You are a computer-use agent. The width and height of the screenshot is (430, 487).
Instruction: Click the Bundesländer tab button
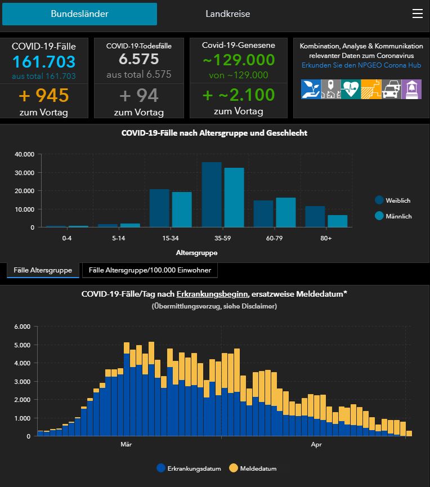tap(79, 14)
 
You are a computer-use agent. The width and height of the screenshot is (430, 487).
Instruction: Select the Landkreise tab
tap(227, 14)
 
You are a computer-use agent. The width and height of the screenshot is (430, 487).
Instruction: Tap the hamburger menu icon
tap(417, 14)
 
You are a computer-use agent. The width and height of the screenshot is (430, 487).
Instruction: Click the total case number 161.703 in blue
tap(44, 62)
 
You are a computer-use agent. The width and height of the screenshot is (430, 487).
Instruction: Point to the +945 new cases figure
tap(44, 95)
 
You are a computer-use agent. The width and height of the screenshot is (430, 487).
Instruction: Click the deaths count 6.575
tap(139, 59)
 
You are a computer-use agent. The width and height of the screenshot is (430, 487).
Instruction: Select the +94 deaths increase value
tap(139, 95)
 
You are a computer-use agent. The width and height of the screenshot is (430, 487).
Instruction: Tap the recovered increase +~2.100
tap(239, 95)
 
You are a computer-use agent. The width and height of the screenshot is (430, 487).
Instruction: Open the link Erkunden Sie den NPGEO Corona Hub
tap(361, 65)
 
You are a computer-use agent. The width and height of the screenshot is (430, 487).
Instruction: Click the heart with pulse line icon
tap(351, 89)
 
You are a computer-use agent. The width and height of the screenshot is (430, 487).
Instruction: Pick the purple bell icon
tap(411, 89)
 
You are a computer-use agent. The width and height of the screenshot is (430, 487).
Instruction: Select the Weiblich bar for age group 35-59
tap(212, 195)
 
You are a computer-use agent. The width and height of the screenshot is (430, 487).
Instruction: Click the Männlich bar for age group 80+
tap(338, 221)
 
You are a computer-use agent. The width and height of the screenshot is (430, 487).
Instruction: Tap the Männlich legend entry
tap(393, 216)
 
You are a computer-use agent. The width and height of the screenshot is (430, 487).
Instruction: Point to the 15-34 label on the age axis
tap(171, 238)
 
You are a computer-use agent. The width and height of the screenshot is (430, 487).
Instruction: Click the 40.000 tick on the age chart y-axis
tap(25, 154)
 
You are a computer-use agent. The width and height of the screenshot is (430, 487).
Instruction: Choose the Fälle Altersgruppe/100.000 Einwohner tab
tap(150, 270)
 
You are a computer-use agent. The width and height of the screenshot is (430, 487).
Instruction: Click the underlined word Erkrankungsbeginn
tap(212, 294)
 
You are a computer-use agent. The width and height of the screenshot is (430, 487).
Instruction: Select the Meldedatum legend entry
tap(253, 468)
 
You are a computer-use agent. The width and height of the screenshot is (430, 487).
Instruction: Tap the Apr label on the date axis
tap(316, 444)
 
